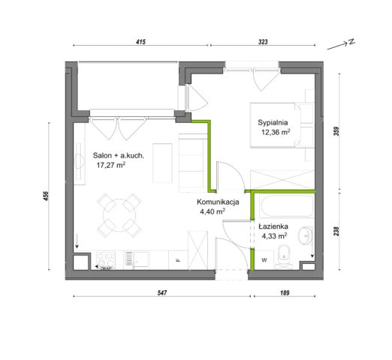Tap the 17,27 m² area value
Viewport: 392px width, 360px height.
pos(111,165)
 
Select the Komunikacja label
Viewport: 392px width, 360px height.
pos(218,202)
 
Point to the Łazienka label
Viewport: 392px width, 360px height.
pos(273,226)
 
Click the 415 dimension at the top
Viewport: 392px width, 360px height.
pos(140,41)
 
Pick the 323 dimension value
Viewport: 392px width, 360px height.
pos(263,41)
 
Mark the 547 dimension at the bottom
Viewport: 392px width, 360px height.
pos(162,292)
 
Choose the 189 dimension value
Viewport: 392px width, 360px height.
pos(285,292)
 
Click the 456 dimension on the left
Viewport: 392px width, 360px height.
pos(45,196)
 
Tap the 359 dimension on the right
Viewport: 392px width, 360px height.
pos(336,131)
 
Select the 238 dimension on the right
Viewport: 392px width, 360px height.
pos(336,231)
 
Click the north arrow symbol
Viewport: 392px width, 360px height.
pos(341,44)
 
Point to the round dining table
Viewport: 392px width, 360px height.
pos(119,215)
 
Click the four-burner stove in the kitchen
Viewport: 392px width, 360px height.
pos(106,260)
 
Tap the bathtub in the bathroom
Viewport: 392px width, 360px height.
pos(287,206)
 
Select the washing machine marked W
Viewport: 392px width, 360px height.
pos(264,260)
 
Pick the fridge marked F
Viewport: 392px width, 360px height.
pos(178,260)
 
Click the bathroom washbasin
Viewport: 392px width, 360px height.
pos(305,235)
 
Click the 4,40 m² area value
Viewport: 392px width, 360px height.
pos(213,211)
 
